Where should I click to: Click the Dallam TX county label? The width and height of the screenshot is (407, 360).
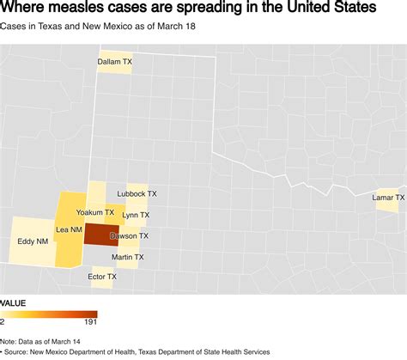point(114,62)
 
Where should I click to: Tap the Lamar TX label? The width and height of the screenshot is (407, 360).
point(388,198)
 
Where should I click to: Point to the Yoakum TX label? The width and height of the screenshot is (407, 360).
point(94,211)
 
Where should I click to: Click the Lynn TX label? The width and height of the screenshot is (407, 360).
point(136,215)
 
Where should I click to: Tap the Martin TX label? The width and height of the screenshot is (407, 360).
point(127,256)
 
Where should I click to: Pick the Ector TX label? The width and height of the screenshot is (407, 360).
point(102,277)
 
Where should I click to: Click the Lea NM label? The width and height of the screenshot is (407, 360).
point(69,230)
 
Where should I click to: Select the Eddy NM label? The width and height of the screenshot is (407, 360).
point(32,241)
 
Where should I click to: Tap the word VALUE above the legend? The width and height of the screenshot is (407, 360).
point(12,303)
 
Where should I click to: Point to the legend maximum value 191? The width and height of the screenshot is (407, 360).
point(90,322)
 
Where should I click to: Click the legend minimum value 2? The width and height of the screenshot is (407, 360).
point(3,322)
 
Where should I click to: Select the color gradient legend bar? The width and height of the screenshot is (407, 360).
point(49,314)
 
